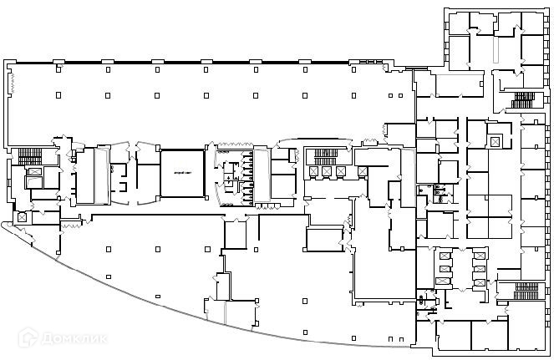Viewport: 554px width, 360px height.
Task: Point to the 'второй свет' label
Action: click(x=183, y=172)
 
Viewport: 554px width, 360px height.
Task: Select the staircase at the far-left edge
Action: click(x=29, y=156)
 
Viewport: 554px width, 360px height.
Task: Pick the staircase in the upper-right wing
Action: click(x=523, y=100)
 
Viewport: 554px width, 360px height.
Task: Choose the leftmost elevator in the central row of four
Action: click(x=313, y=171)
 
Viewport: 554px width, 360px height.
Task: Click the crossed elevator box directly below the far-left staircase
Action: click(x=34, y=181)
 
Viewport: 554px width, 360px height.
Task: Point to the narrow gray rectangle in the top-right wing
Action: click(x=494, y=50)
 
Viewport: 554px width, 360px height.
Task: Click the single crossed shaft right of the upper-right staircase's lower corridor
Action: click(x=495, y=143)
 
